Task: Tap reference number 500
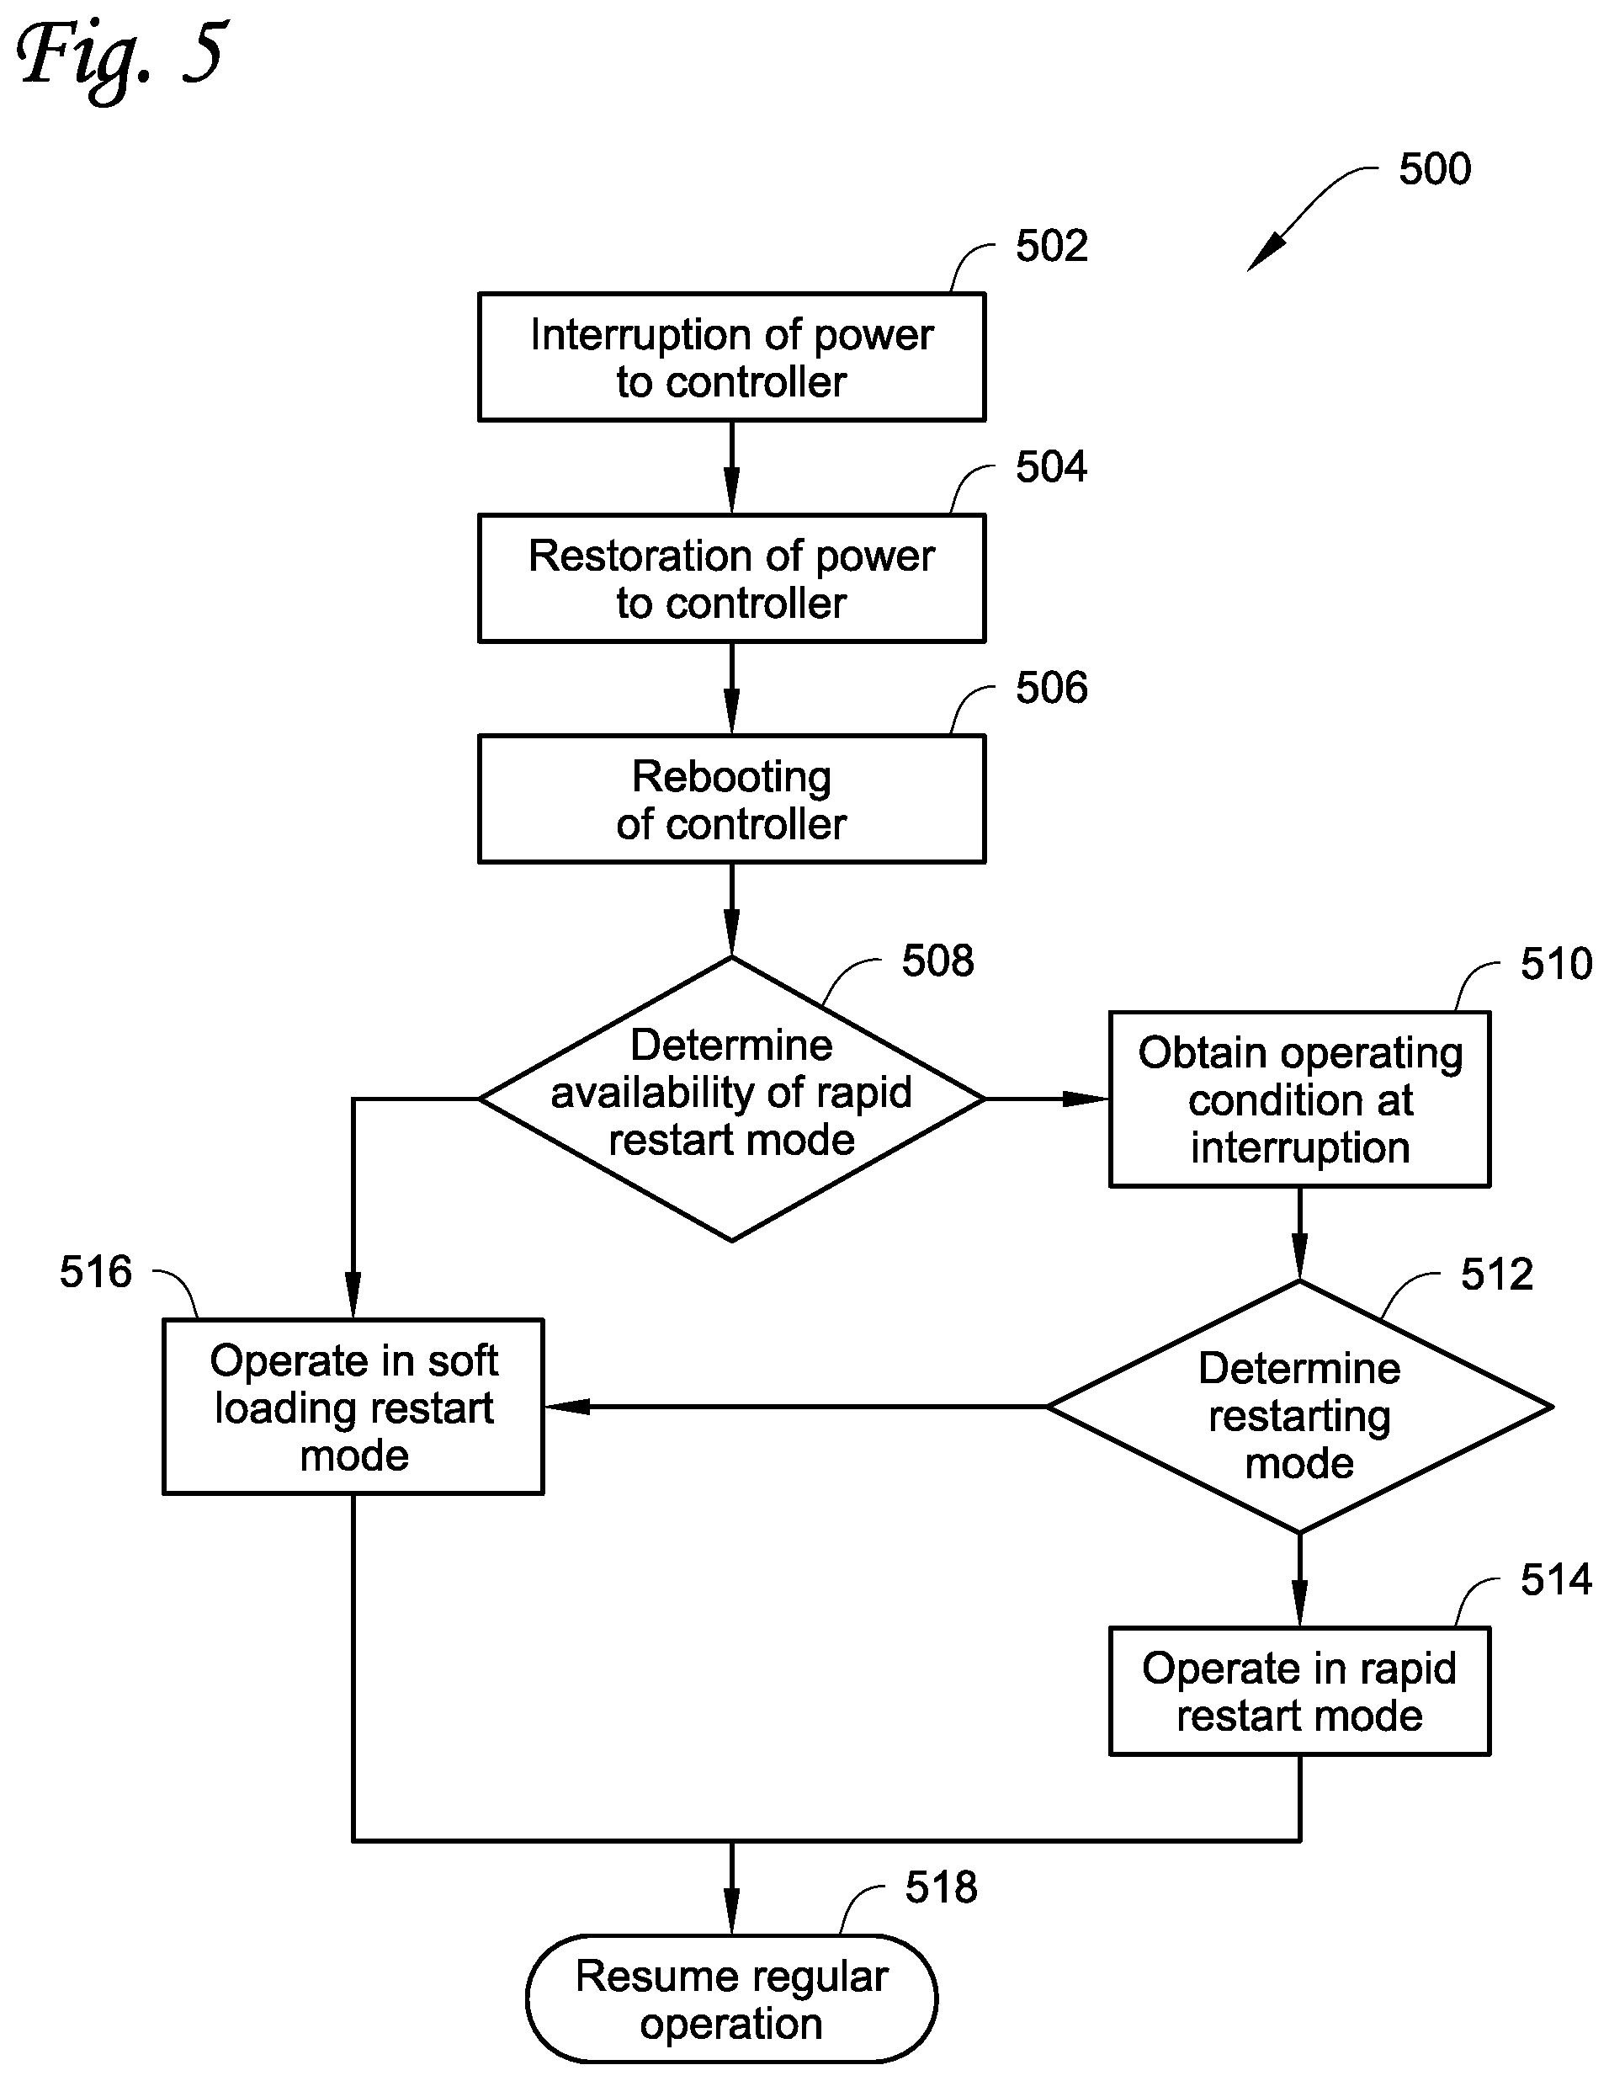pos(1435,168)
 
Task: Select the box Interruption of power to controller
pos(731,357)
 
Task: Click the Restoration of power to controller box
pos(731,578)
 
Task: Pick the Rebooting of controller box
pos(731,800)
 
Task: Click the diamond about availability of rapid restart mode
pos(731,1099)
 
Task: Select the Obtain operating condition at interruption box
pos(1299,1099)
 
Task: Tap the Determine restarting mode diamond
pos(1299,1407)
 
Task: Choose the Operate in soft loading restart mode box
pos(353,1407)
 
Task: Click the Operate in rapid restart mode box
pos(1299,1691)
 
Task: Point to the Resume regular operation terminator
pos(731,1999)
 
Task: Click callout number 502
pos(1052,246)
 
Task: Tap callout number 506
pos(1052,688)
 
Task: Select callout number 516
pos(95,1272)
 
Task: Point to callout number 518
pos(941,1887)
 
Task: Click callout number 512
pos(1496,1275)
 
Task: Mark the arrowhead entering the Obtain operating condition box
pos(1087,1099)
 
